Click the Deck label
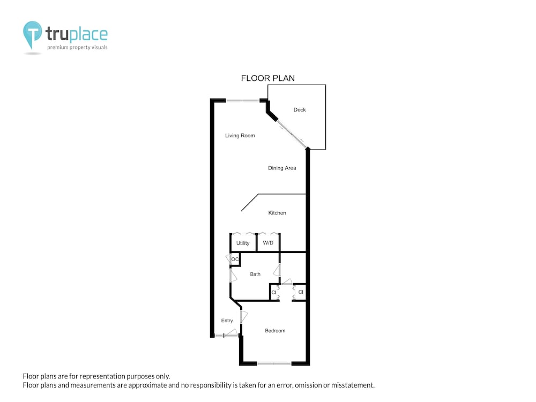click(x=300, y=110)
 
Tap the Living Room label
click(x=240, y=136)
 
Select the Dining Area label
click(x=282, y=168)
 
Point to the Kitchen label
click(x=277, y=213)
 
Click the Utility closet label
click(x=243, y=243)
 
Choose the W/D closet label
click(x=268, y=243)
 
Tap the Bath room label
click(x=255, y=274)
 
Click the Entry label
click(x=227, y=321)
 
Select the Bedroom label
click(x=275, y=331)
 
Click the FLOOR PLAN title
click(x=268, y=78)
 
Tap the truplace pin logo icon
click(x=33, y=35)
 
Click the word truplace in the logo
click(x=77, y=34)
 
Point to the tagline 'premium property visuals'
click(x=77, y=48)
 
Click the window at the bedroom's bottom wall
click(x=274, y=364)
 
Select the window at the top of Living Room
click(x=243, y=101)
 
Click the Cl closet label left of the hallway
click(x=274, y=292)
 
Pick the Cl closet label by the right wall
click(x=301, y=292)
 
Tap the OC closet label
click(x=235, y=259)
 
